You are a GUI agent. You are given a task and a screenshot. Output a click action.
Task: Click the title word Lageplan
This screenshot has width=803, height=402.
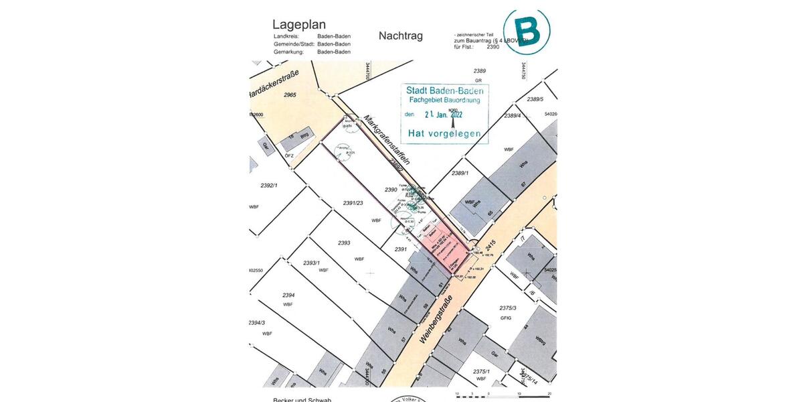299,24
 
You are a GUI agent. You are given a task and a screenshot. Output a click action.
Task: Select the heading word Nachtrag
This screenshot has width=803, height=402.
400,36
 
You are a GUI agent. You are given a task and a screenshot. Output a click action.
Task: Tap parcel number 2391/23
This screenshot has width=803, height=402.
352,203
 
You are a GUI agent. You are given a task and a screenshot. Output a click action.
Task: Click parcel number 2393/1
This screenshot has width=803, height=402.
312,263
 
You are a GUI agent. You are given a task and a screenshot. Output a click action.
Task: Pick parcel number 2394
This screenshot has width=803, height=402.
288,295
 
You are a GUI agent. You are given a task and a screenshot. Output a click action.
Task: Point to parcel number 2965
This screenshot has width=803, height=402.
290,95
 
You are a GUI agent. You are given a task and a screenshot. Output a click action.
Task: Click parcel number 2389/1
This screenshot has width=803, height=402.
459,174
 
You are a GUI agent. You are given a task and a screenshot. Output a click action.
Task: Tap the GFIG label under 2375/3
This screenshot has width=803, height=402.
505,318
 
